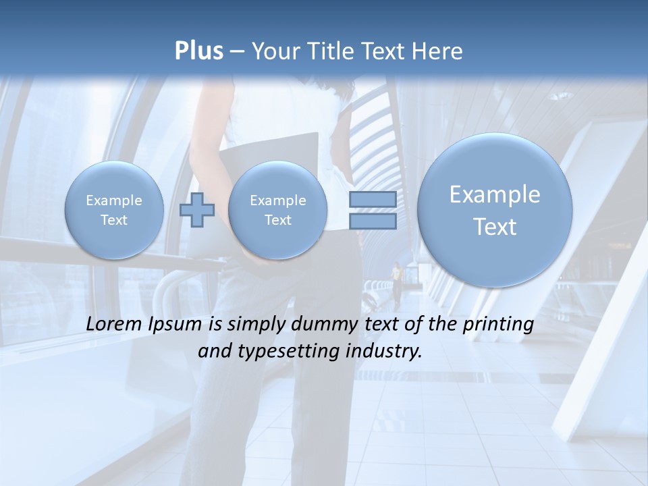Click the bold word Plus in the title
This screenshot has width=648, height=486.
coord(198,51)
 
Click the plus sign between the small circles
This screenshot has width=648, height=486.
coord(197,210)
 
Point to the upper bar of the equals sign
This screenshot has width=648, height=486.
coord(372,199)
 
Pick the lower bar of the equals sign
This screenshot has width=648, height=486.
coord(372,221)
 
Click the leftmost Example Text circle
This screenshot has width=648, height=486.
coord(114,210)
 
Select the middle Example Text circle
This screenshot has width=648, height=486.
coord(277,210)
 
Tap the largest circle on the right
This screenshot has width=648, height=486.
coord(495,210)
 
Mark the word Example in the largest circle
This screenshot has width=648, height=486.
coord(495,194)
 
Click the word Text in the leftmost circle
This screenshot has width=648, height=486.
coord(114,220)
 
